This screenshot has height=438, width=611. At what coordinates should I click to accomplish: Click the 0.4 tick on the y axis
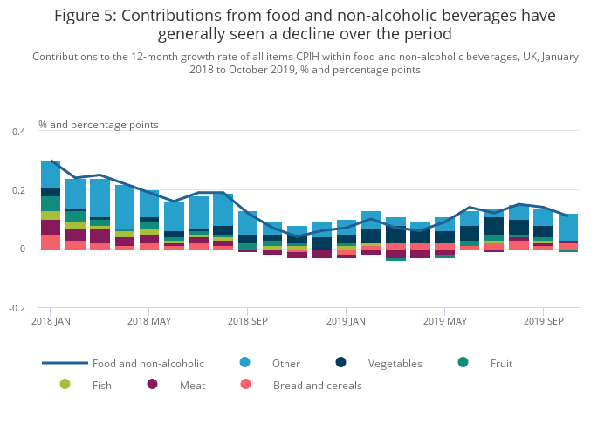pyautogui.click(x=19, y=132)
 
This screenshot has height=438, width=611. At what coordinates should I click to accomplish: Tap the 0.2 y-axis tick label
pyautogui.click(x=19, y=190)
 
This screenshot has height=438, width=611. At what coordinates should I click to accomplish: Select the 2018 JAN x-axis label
pyautogui.click(x=51, y=321)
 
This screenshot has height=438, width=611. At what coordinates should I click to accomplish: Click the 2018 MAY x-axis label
pyautogui.click(x=149, y=321)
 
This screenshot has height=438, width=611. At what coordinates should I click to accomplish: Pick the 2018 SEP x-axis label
pyautogui.click(x=247, y=321)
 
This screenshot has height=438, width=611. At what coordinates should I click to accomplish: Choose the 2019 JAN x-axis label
pyautogui.click(x=346, y=321)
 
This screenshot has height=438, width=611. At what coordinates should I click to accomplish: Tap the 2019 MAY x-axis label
pyautogui.click(x=444, y=321)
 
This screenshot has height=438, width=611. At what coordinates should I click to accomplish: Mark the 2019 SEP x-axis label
pyautogui.click(x=543, y=321)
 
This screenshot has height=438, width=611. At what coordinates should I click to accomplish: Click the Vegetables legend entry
pyautogui.click(x=395, y=363)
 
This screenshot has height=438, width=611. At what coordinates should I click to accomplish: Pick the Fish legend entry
pyautogui.click(x=101, y=385)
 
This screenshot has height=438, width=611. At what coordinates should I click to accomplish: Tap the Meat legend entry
pyautogui.click(x=192, y=385)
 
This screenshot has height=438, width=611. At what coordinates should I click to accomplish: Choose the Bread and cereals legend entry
pyautogui.click(x=317, y=385)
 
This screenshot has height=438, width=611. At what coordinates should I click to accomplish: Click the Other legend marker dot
pyautogui.click(x=244, y=362)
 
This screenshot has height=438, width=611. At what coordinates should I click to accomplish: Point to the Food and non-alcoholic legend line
pyautogui.click(x=65, y=363)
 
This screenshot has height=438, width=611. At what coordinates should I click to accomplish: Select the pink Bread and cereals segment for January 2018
pyautogui.click(x=51, y=242)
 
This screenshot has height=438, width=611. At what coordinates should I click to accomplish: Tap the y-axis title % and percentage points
pyautogui.click(x=99, y=125)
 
